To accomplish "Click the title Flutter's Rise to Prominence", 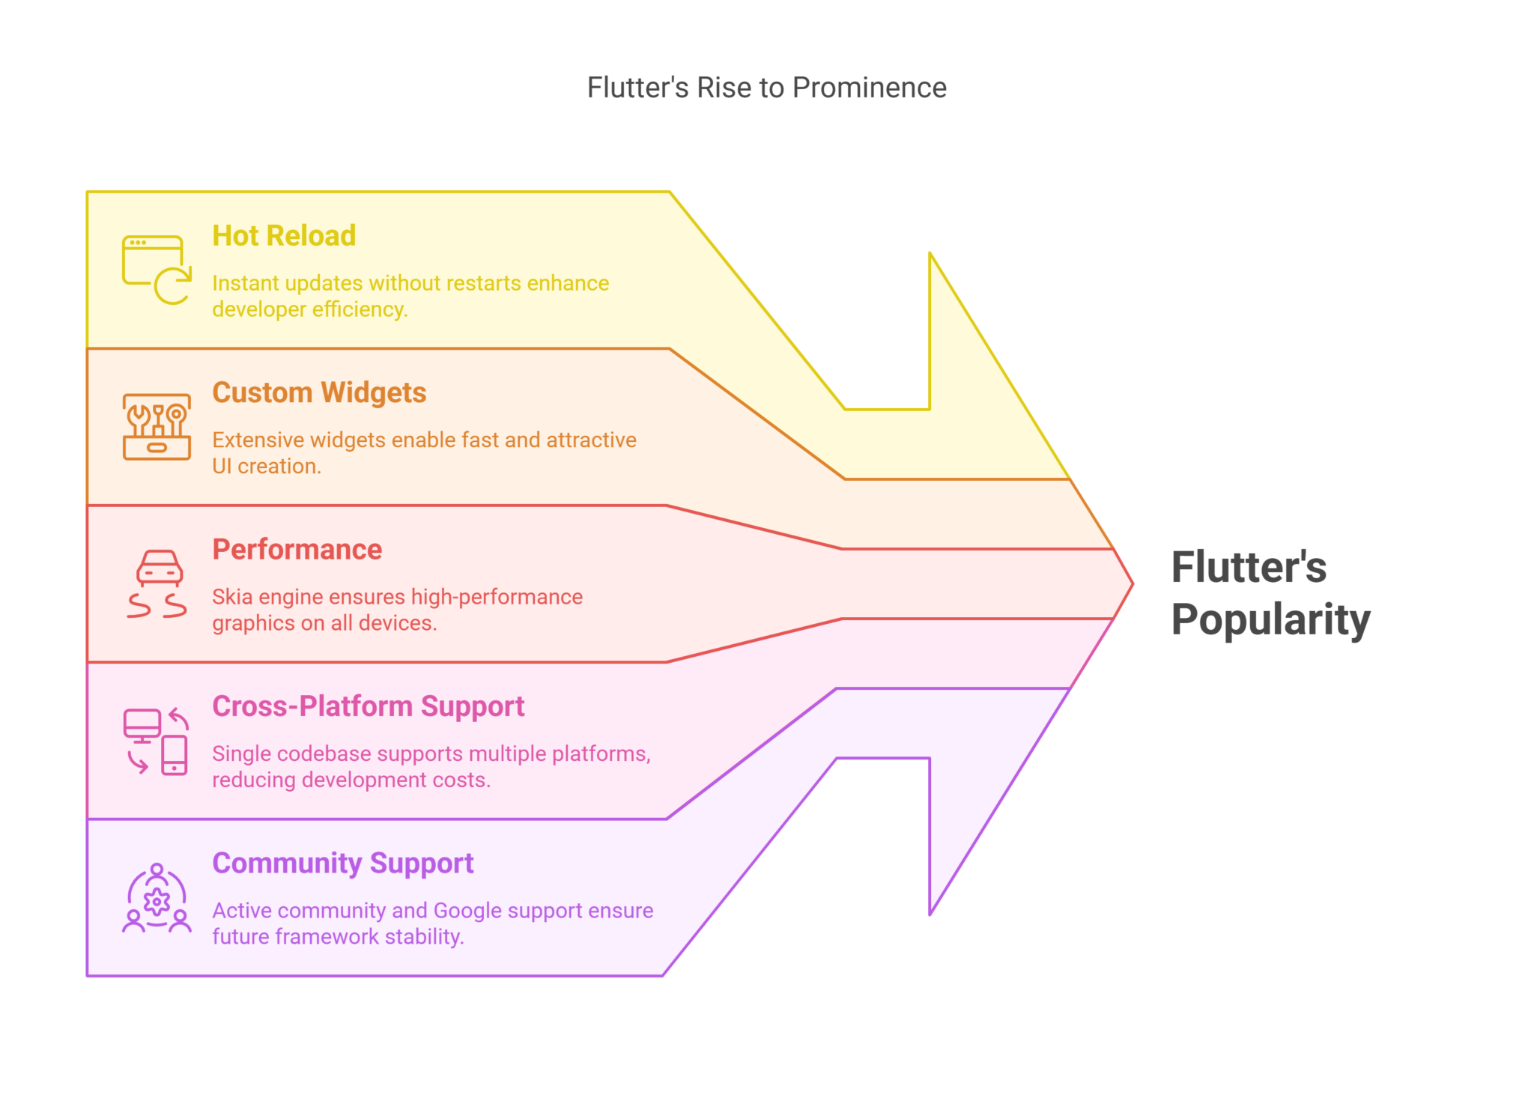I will click(766, 88).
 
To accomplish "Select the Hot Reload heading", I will click(284, 236).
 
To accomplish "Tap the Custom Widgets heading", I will click(319, 392).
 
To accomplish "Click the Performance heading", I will click(297, 549).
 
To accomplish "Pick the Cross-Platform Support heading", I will click(368, 706).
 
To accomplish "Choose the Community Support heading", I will click(342, 863).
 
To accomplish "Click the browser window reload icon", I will click(157, 270).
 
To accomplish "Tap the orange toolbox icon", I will click(157, 426).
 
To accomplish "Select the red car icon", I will click(157, 583).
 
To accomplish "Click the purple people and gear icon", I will click(157, 898).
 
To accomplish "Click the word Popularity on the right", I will click(1270, 620).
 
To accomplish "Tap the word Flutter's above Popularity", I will click(1249, 567).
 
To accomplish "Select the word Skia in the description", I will click(232, 597).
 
